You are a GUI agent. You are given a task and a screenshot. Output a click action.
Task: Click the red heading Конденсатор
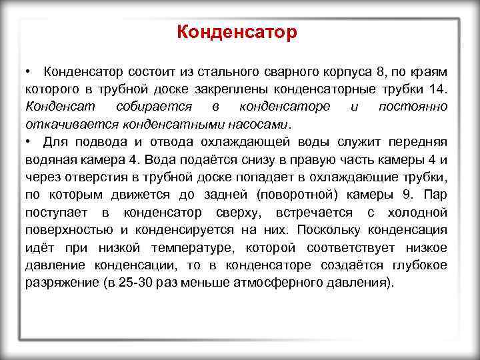pyautogui.click(x=239, y=32)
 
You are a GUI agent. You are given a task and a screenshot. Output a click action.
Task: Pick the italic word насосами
pyautogui.click(x=258, y=124)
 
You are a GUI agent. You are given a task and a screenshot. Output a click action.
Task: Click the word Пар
pyautogui.click(x=436, y=194)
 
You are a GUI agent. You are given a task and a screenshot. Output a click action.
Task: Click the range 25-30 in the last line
pyautogui.click(x=131, y=281)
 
